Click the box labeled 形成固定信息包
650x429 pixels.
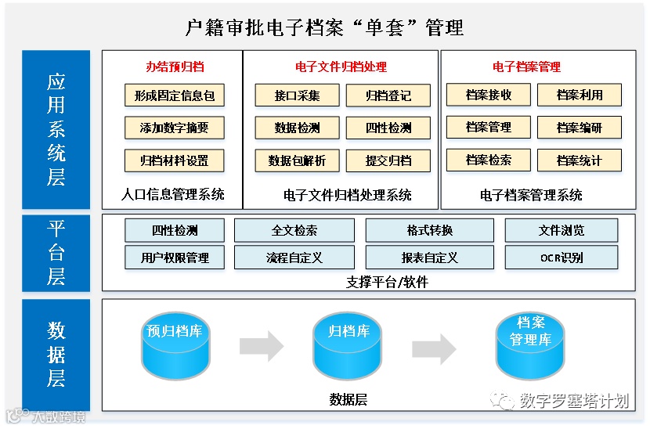click(x=175, y=96)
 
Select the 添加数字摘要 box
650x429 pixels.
click(x=175, y=128)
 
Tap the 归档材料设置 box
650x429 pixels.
click(x=175, y=160)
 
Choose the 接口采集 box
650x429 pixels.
click(x=297, y=96)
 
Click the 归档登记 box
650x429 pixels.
click(x=388, y=96)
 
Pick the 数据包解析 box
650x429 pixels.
click(x=297, y=160)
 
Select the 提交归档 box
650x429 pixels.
click(x=388, y=160)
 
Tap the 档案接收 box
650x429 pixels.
click(x=489, y=95)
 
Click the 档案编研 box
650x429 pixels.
click(x=580, y=128)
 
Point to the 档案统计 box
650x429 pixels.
click(x=580, y=160)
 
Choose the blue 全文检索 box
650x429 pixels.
click(x=294, y=230)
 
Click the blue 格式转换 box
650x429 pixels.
click(x=429, y=230)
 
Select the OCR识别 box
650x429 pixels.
click(x=562, y=257)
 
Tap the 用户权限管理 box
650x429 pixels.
click(x=175, y=257)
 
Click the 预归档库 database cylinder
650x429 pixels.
click(x=174, y=345)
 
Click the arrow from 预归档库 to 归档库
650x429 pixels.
click(x=262, y=345)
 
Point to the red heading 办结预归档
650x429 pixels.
click(x=175, y=67)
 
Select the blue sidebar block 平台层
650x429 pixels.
click(x=56, y=253)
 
